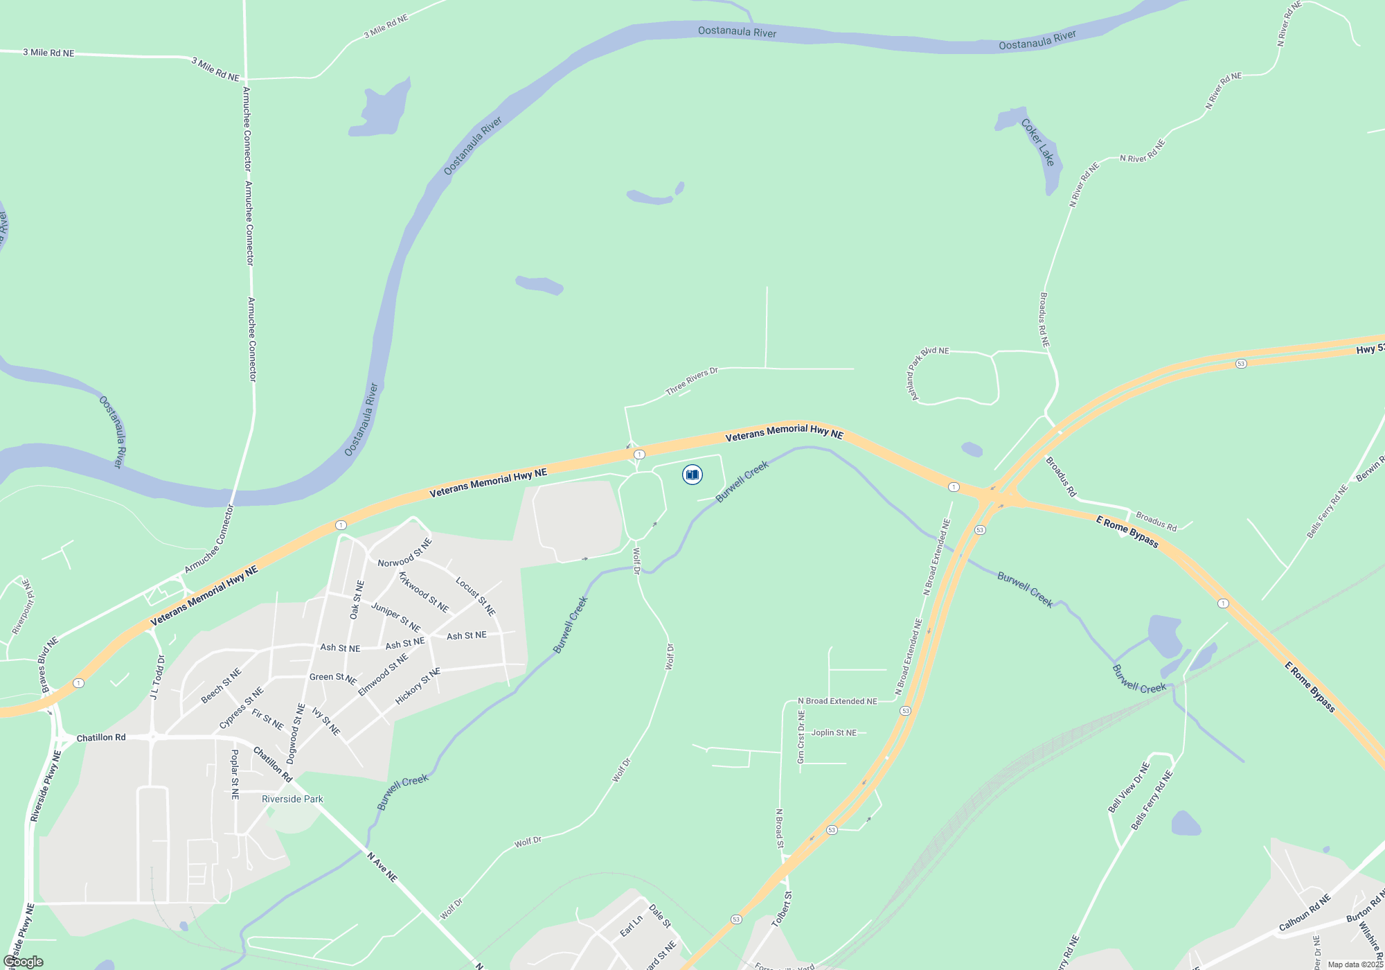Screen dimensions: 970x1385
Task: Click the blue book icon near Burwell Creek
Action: [692, 475]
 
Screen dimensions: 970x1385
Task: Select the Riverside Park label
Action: [292, 799]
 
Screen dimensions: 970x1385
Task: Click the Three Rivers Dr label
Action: [692, 382]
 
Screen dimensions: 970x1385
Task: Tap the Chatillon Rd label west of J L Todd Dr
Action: [101, 737]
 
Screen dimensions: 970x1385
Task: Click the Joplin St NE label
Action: [834, 732]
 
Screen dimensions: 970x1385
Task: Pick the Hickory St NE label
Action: [418, 686]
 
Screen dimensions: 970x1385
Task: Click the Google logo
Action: [24, 962]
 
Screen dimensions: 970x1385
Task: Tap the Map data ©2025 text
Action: [1355, 964]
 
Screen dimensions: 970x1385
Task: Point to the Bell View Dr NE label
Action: [1129, 787]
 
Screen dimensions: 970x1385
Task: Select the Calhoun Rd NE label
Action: [1305, 912]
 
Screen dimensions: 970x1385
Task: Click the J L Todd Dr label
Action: [158, 677]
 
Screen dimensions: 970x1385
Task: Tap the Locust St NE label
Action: [475, 596]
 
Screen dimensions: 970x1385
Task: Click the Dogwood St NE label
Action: [296, 734]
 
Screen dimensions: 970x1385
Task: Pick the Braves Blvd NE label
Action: [49, 664]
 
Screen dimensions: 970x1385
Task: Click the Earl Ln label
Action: [631, 926]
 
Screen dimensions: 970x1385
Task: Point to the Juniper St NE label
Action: [395, 617]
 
